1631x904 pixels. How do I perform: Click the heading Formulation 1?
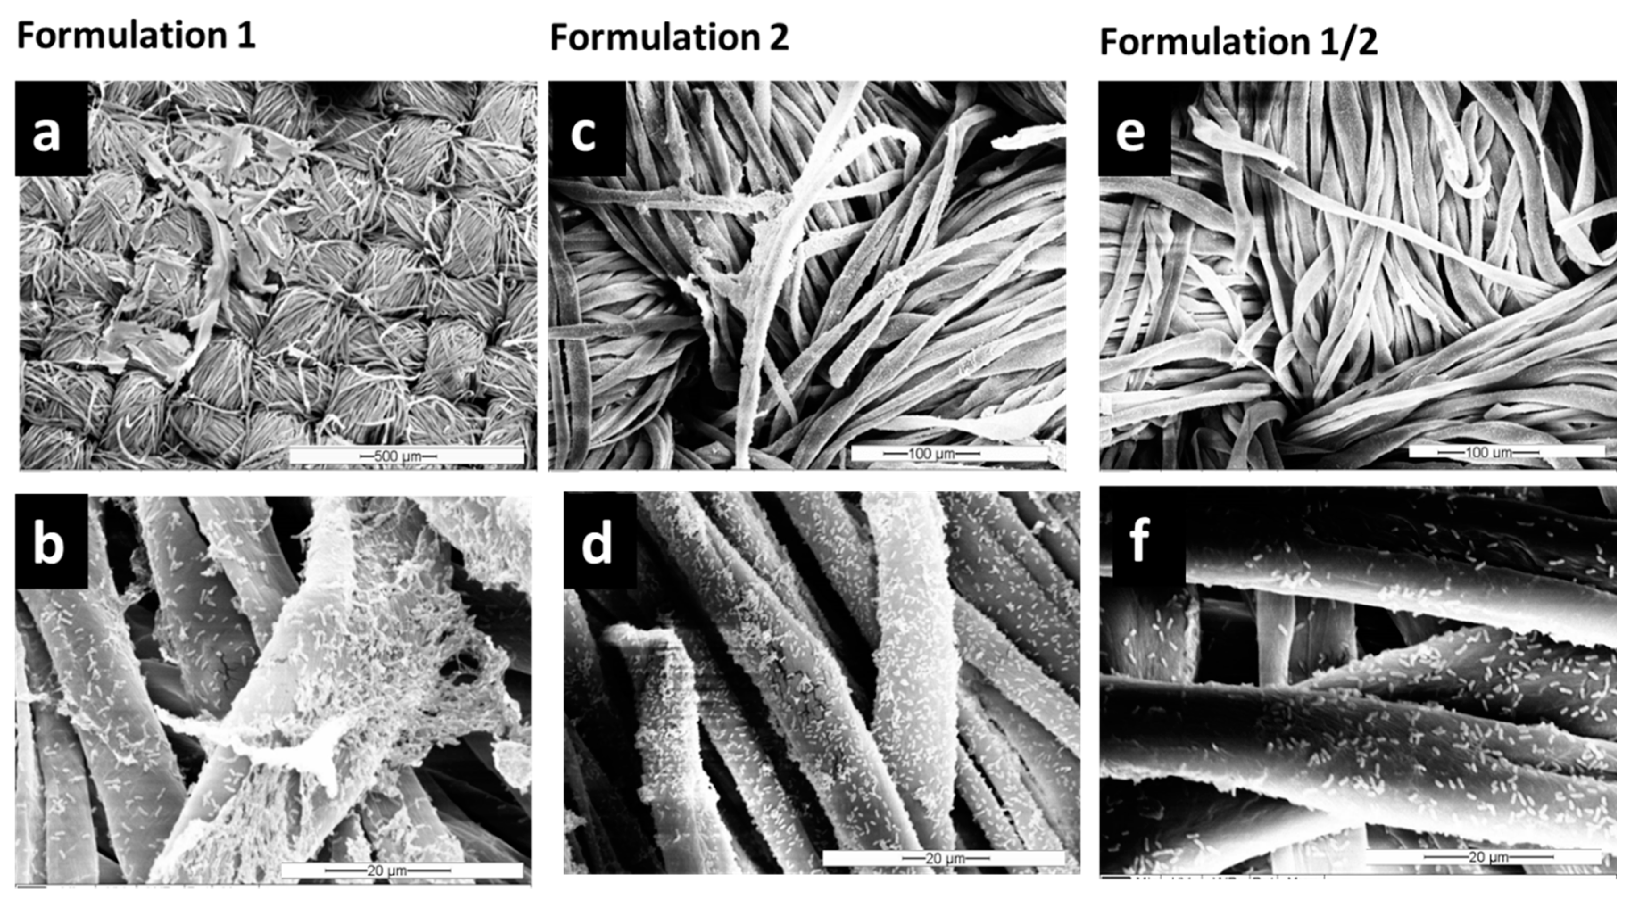[x=136, y=35]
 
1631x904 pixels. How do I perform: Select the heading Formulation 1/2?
[x=1238, y=43]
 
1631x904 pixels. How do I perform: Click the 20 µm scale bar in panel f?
[x=1483, y=857]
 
